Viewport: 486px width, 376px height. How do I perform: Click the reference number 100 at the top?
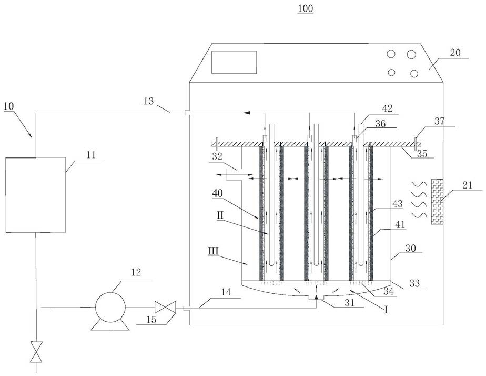click(x=306, y=8)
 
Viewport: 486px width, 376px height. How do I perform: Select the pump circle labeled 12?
click(x=110, y=307)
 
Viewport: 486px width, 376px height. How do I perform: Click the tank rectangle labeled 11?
click(x=36, y=194)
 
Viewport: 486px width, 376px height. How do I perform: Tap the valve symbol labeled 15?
click(x=165, y=308)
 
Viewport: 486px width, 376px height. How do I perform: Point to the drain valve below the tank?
click(x=36, y=352)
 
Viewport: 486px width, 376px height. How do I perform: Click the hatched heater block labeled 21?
click(x=437, y=202)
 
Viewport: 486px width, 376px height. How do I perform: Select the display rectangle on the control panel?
click(x=235, y=62)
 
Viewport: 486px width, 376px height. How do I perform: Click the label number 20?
click(x=455, y=53)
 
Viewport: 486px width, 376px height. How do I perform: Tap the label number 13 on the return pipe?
click(x=149, y=101)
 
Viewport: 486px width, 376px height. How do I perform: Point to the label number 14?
click(x=226, y=292)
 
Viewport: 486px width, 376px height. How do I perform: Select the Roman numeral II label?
click(x=220, y=215)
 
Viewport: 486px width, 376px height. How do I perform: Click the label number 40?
click(x=217, y=193)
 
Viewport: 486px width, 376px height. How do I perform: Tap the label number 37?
click(x=439, y=121)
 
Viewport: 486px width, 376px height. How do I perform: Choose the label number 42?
click(x=388, y=108)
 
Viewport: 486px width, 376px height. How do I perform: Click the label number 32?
click(x=217, y=156)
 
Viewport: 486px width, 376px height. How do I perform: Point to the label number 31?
click(x=349, y=302)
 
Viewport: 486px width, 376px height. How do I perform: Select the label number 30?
click(x=410, y=248)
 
